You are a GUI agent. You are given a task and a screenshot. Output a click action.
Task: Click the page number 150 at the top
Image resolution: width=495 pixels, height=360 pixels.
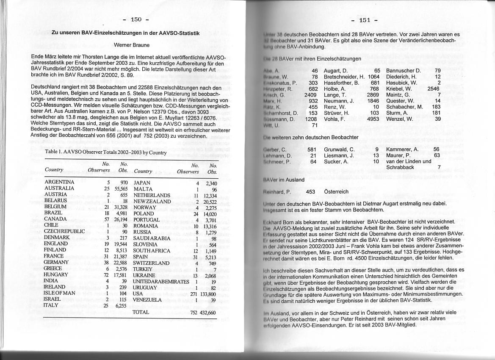click(x=136, y=19)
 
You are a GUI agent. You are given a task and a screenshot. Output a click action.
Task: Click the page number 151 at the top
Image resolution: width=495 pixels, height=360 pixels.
click(x=365, y=20)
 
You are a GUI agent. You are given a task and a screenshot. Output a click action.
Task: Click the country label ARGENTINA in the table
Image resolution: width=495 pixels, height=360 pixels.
click(x=59, y=183)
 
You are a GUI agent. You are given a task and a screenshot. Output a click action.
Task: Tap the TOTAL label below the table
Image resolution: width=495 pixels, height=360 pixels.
click(x=141, y=312)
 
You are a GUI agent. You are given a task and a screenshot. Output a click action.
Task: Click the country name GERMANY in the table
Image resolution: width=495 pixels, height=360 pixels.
click(x=56, y=262)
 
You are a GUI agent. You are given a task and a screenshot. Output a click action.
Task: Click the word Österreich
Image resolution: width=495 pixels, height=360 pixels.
click(x=336, y=192)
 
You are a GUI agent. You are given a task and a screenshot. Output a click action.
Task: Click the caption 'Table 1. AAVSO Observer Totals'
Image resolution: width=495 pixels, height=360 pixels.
click(x=105, y=152)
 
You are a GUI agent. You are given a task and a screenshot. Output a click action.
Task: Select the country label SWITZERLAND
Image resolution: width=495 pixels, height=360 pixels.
click(x=151, y=263)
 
